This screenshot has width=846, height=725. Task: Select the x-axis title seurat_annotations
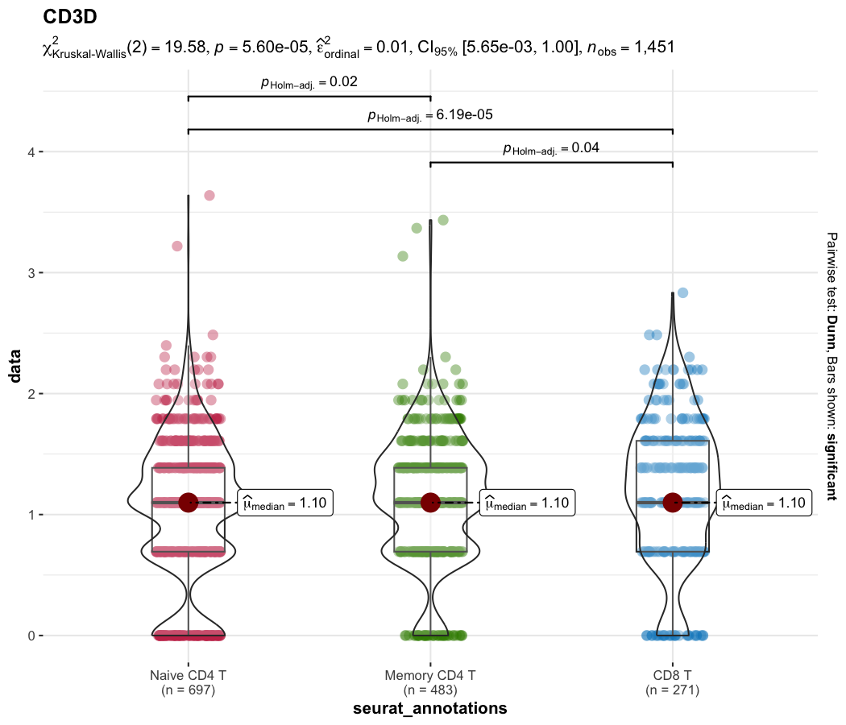coord(430,709)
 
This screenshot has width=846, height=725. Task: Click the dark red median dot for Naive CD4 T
coord(189,502)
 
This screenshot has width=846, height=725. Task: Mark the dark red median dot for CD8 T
coord(673,502)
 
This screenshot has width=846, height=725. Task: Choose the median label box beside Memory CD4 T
coord(527,503)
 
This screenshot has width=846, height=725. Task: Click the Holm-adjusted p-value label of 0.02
coord(309,82)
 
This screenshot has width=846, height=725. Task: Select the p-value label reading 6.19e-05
coord(430,115)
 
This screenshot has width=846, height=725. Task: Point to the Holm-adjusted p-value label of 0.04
coord(551,148)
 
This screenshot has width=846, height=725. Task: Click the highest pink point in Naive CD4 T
coord(209,196)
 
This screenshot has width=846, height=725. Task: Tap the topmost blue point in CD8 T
coord(682,292)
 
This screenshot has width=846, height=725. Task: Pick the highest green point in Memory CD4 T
coord(443,220)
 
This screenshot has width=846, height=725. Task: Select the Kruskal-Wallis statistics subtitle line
coord(358,49)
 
